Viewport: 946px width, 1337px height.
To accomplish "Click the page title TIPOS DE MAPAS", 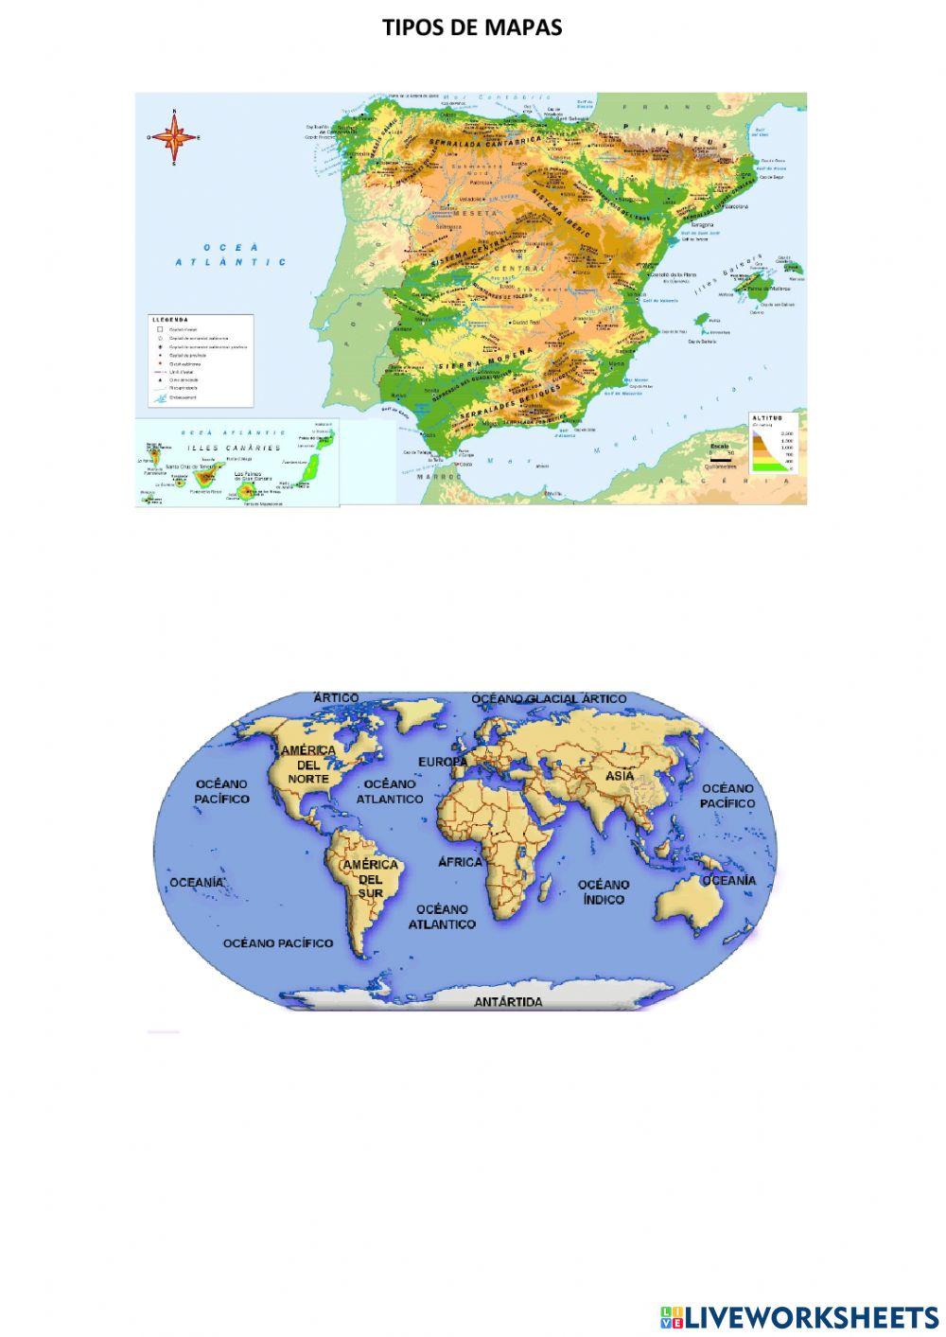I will point(472,27).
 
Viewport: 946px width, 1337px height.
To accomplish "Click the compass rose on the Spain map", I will point(174,137).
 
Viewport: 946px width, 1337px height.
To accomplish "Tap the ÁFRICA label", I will point(460,862).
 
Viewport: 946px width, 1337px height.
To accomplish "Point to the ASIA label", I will point(620,776).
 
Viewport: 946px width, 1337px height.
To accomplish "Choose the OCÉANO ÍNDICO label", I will point(604,891).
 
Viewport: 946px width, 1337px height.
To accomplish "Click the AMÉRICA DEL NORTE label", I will point(308,764).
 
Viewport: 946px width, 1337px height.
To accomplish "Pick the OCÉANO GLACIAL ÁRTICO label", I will point(549,698).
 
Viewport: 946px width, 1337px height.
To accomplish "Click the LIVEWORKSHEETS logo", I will point(799,1316).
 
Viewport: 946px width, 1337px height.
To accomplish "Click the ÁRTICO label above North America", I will point(336,697).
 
